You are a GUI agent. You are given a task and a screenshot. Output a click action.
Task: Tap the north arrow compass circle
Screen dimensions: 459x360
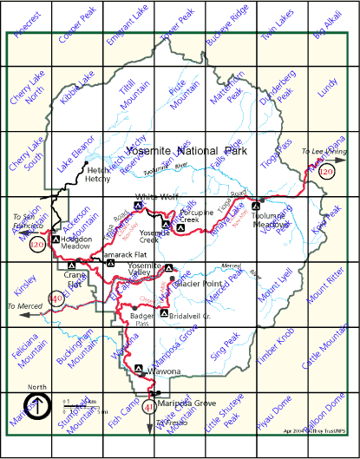coord(35,405)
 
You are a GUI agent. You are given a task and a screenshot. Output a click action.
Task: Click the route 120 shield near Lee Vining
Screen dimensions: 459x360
coord(327,172)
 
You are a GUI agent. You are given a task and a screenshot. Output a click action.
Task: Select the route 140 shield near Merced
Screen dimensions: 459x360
coord(56,299)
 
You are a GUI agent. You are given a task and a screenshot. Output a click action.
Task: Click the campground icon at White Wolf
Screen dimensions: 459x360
coord(137,206)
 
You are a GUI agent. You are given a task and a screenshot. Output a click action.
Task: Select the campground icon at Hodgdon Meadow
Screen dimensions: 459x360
coord(56,239)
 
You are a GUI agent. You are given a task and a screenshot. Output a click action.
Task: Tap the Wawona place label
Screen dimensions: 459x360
coord(164,371)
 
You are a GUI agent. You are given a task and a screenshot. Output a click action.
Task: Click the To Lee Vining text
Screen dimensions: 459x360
coord(324,151)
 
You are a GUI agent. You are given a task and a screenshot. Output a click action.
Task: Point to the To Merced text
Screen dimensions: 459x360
coord(23,307)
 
